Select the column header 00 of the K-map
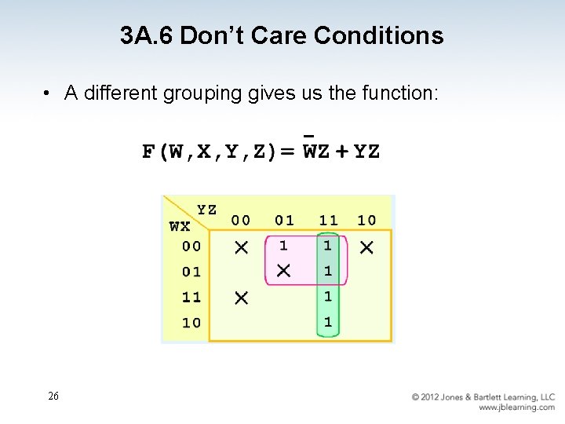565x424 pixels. pos(241,221)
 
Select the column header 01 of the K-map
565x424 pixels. pos(284,221)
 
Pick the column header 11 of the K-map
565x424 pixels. pos(328,221)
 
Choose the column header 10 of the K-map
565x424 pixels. pos(366,221)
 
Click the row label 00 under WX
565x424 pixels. pos(191,246)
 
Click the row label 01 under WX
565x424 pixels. pos(191,272)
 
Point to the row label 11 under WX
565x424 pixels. pos(191,297)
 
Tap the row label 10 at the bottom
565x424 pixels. pos(191,323)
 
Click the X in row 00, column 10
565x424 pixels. pos(366,247)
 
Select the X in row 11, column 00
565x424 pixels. pos(241,298)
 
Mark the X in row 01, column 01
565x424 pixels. pos(283,271)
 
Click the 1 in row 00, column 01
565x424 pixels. pos(283,246)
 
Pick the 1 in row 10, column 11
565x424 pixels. pos(328,322)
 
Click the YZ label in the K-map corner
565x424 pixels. pos(207,210)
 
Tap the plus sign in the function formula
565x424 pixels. pos(342,152)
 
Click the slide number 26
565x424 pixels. pos(53,397)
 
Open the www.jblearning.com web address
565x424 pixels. pos(516,408)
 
